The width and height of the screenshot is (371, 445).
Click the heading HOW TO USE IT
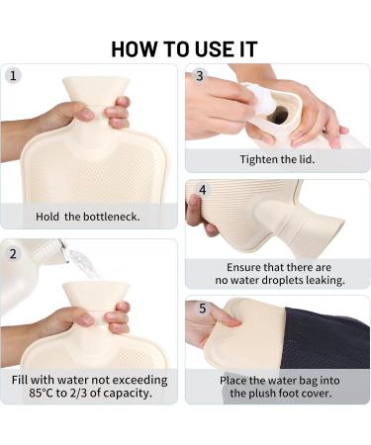(x=184, y=49)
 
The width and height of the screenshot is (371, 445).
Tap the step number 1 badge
(x=13, y=76)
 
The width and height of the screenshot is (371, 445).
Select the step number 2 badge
(x=13, y=254)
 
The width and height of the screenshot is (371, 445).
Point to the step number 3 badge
(x=200, y=76)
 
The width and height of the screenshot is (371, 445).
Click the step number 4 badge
(x=203, y=190)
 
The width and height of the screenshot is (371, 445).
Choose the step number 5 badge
(x=202, y=309)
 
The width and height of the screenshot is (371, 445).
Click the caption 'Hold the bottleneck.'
(x=88, y=217)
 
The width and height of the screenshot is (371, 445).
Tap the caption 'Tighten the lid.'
(x=277, y=159)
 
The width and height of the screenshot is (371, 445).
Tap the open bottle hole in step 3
(x=278, y=115)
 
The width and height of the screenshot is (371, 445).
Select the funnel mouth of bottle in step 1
(x=96, y=89)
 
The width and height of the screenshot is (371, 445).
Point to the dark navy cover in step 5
(x=325, y=339)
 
